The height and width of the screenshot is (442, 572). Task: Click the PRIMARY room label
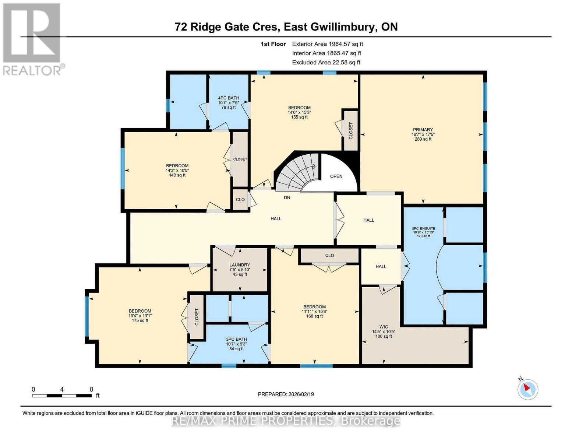(423, 130)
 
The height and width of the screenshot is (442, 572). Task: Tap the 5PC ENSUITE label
(423, 228)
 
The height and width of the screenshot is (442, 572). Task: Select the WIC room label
(384, 327)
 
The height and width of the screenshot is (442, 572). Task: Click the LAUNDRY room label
(240, 265)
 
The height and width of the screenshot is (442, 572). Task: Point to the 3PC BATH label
(236, 339)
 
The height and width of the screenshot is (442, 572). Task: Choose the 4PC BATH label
(229, 98)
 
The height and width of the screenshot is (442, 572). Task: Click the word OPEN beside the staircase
(336, 176)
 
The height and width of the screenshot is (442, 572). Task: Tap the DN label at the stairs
(287, 198)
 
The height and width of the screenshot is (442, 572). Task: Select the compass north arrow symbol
(527, 389)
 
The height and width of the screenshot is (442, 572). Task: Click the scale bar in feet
(62, 396)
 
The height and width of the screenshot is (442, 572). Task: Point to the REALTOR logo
(32, 39)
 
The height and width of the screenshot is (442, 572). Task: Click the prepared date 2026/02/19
(286, 394)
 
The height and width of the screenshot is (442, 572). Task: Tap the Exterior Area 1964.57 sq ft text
(328, 44)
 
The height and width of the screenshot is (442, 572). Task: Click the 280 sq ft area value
(423, 139)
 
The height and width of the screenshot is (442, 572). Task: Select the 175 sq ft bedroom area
(140, 320)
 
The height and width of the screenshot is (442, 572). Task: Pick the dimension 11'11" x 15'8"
(314, 311)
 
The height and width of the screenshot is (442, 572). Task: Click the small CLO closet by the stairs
(240, 200)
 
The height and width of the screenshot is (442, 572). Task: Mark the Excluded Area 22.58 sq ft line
(326, 62)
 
